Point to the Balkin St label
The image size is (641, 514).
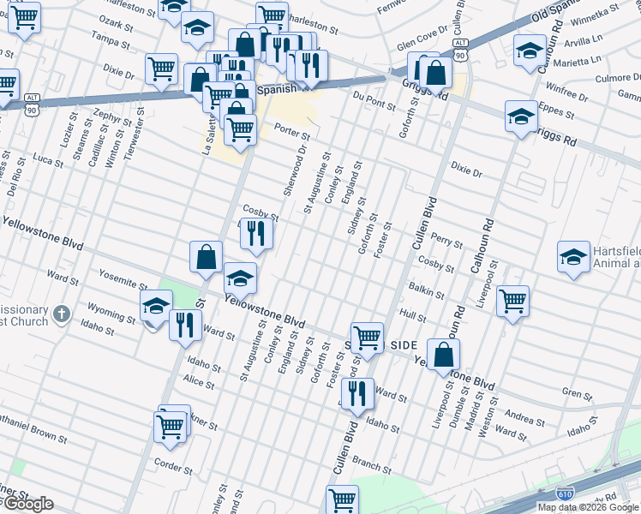424,290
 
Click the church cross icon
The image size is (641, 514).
61,314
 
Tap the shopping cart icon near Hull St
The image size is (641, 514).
512,300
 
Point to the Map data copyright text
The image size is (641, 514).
588,507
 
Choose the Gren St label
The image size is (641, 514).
577,395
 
